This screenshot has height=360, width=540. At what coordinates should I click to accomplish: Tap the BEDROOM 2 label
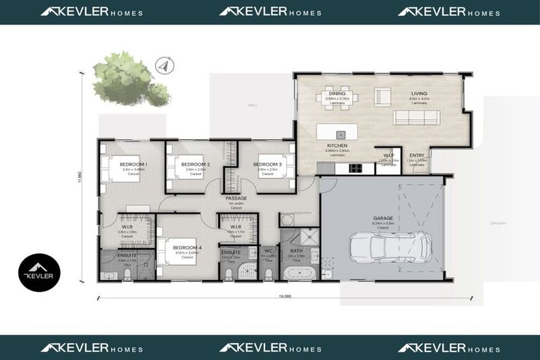click(189, 163)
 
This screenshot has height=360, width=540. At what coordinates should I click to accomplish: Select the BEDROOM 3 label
click(267, 164)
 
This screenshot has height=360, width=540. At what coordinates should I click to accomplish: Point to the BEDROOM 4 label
click(188, 248)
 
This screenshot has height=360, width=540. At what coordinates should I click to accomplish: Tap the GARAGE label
click(383, 218)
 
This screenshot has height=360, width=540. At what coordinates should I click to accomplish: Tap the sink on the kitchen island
click(341, 133)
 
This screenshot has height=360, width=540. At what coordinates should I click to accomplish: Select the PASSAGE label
click(236, 199)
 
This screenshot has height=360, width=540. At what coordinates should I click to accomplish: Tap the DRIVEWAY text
click(499, 224)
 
